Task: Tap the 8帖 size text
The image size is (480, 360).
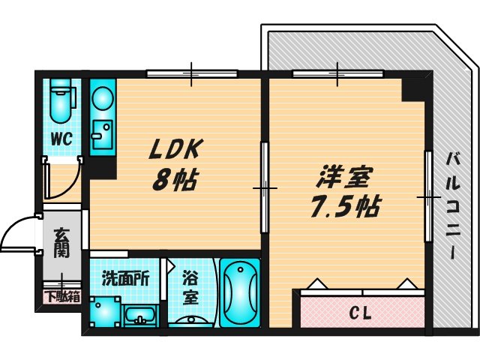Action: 174,181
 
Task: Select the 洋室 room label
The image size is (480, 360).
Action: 344,177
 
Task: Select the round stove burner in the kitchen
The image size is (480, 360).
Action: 103,98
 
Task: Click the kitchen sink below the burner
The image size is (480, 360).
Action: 101,134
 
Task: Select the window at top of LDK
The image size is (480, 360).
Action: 190,73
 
